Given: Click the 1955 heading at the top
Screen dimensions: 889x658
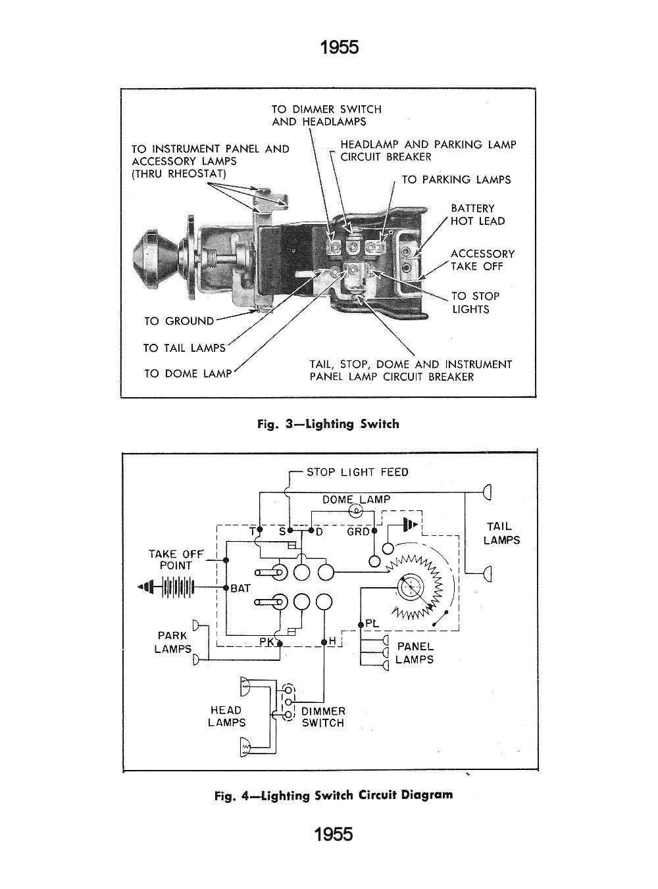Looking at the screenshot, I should tap(339, 47).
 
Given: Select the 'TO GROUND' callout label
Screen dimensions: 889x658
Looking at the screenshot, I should tap(179, 321).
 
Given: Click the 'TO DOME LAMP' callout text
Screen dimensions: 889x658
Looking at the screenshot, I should tap(188, 373).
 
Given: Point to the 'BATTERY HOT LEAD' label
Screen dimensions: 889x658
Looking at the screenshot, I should tap(478, 215).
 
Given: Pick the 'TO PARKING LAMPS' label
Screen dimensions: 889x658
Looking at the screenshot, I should tap(456, 180).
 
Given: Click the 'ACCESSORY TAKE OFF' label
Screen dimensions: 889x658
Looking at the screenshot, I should tap(482, 260).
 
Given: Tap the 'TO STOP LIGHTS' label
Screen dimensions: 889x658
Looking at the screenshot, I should tap(475, 302).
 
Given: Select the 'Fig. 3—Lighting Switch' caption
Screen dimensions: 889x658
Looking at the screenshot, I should tap(328, 424).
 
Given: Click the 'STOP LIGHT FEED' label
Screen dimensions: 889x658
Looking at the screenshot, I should tap(357, 472).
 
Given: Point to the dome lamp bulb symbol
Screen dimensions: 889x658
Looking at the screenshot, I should tap(357, 510).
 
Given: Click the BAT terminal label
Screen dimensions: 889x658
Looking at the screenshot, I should tap(240, 589).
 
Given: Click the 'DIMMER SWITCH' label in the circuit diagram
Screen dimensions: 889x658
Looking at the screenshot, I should tap(322, 717).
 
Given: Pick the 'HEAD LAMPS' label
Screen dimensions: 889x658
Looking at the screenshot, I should tap(226, 716).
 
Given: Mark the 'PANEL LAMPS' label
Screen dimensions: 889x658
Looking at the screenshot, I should tap(415, 653).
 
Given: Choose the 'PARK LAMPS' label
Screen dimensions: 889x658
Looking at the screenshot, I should tap(174, 642).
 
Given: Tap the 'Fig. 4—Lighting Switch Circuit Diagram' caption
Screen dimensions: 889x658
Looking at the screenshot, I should tap(334, 795).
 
